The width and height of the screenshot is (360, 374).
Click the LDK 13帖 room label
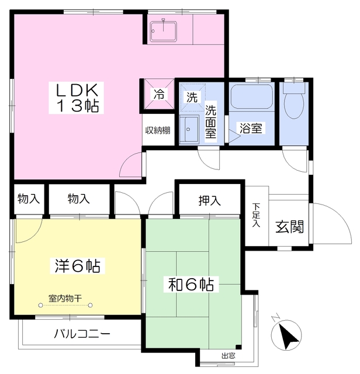79,97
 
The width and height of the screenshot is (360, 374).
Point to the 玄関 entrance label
289,227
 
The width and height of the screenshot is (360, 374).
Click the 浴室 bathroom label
250,128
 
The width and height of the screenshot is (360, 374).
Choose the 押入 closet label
209,201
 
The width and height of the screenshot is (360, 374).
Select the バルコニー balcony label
82,335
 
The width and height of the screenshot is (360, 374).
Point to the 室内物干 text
65,297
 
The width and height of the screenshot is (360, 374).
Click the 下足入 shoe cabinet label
256,215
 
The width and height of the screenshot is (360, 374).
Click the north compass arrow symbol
287,337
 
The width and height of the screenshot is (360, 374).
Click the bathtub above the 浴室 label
251,97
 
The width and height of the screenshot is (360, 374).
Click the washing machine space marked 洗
191,97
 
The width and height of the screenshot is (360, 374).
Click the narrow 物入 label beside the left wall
28,199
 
